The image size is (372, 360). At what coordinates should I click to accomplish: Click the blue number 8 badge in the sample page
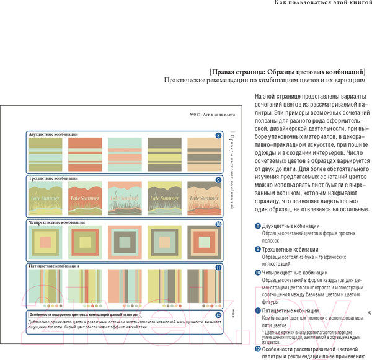218,135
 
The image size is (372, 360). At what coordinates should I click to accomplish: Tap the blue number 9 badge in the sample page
218,180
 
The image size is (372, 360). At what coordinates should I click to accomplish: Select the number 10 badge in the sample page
218,224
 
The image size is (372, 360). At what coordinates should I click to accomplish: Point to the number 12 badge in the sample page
218,315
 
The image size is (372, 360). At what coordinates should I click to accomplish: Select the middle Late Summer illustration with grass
124,197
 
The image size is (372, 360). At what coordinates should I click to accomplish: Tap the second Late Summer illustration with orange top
84,197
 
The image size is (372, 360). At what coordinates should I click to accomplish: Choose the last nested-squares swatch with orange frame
203,242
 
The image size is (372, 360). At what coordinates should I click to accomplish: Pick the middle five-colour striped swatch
124,286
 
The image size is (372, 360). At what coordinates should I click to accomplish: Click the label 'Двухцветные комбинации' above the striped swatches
53,134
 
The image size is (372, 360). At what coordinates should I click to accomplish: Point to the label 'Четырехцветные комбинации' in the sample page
58,222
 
